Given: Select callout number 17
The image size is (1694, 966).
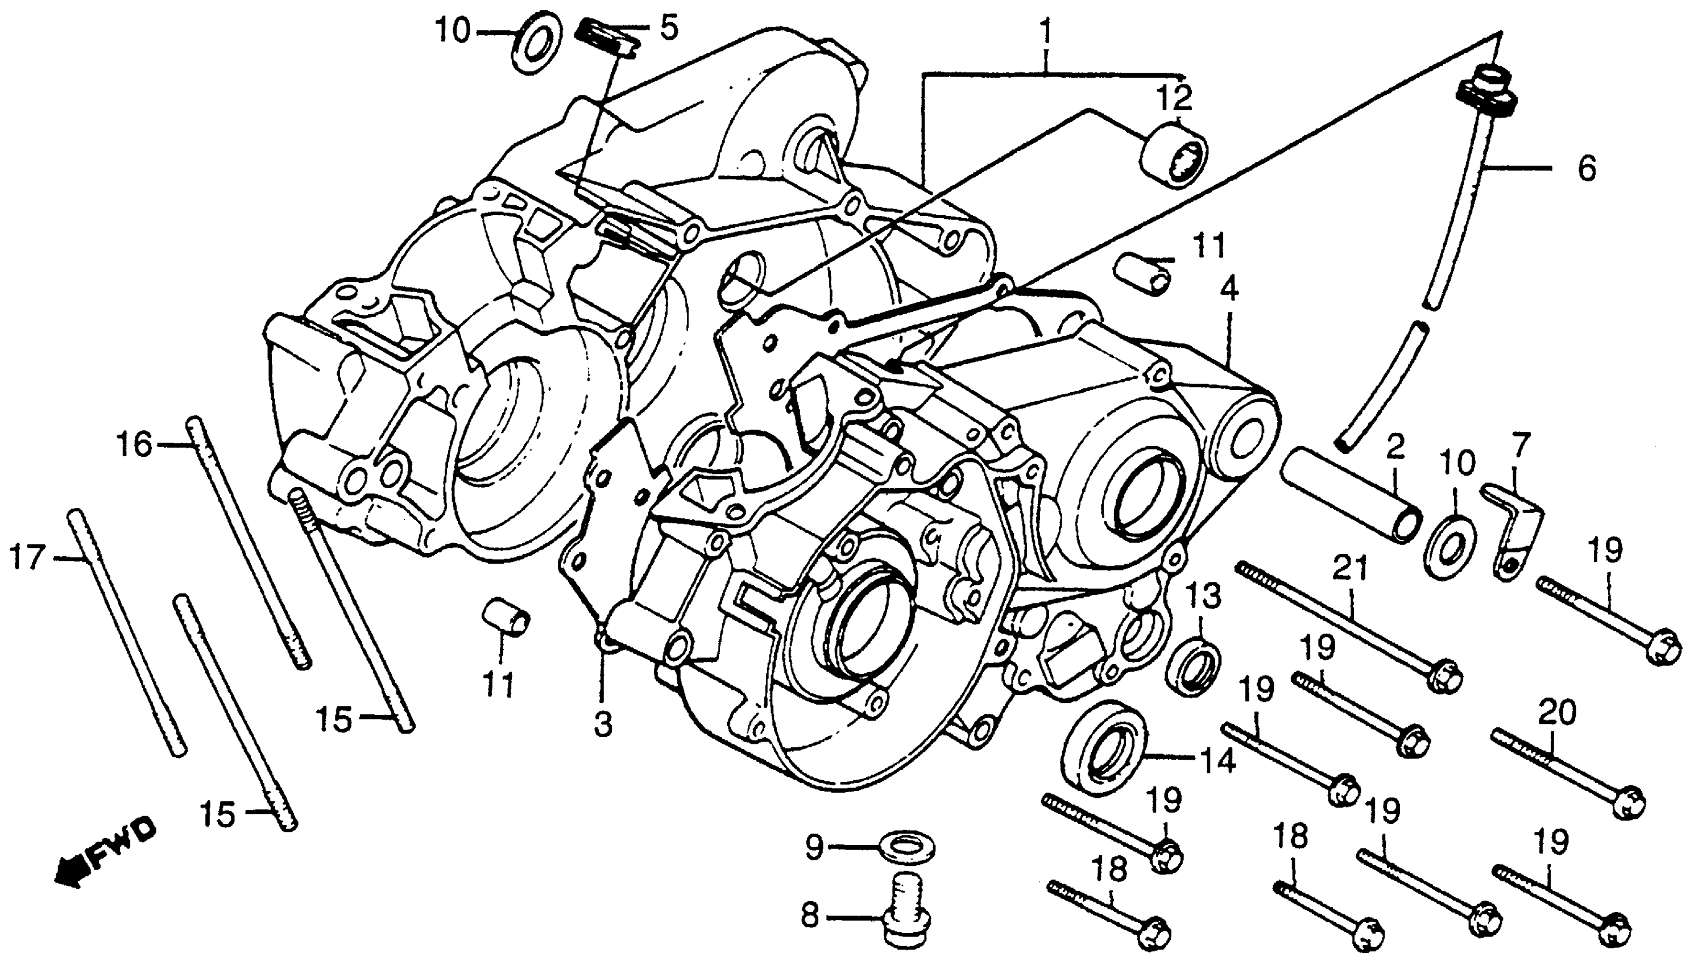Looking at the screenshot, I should (27, 557).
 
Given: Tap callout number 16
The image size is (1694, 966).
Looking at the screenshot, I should (135, 444).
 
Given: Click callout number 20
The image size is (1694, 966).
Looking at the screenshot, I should (1556, 714).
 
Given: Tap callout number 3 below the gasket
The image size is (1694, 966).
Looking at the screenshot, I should (602, 725).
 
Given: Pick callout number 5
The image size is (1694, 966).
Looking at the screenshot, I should (668, 28).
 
